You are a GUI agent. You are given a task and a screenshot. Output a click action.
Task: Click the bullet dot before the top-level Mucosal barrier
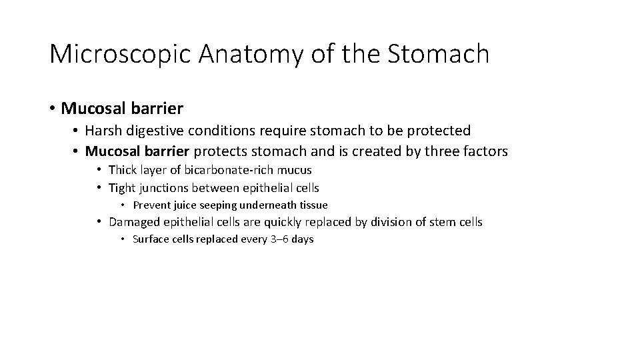(53, 107)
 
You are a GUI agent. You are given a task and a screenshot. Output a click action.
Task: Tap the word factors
(485, 151)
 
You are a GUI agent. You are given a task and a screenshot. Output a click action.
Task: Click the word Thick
(123, 170)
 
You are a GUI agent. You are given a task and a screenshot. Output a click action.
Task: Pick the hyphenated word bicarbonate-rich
(220, 170)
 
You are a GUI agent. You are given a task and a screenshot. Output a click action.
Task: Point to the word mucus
(295, 170)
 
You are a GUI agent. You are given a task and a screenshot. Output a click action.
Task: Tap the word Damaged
(133, 222)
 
